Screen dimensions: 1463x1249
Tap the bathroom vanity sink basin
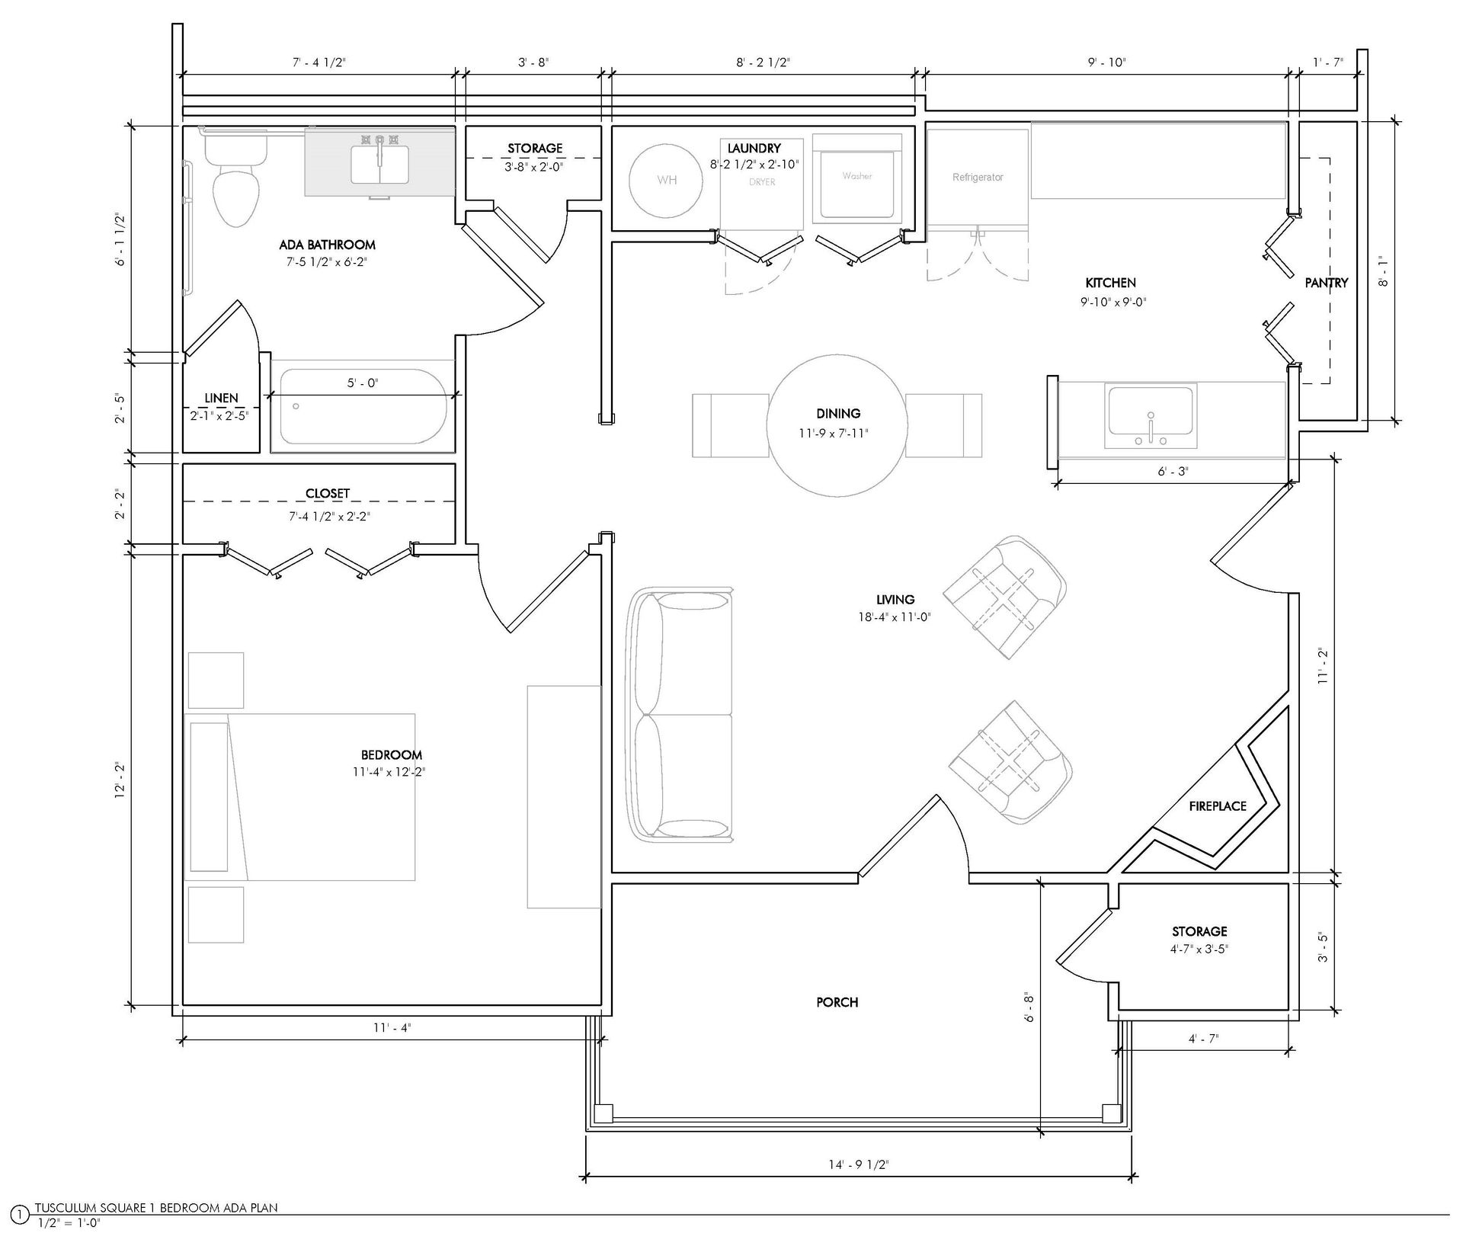click(379, 164)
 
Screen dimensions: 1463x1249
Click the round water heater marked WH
click(666, 181)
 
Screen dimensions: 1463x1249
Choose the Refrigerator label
click(978, 178)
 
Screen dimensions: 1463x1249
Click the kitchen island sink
click(1151, 417)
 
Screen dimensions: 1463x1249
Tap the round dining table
click(837, 425)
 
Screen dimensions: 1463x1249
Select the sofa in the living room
click(678, 715)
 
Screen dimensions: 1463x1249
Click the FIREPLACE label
click(1218, 806)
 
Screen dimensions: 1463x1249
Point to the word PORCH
click(837, 1002)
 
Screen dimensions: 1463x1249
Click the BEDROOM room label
click(392, 754)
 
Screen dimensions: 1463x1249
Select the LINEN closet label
click(221, 398)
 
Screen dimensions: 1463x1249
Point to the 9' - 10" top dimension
click(1106, 62)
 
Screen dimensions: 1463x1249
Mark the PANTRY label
click(1327, 283)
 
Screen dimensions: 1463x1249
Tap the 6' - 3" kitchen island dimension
click(1173, 472)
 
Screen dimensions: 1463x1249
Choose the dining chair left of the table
click(730, 425)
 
